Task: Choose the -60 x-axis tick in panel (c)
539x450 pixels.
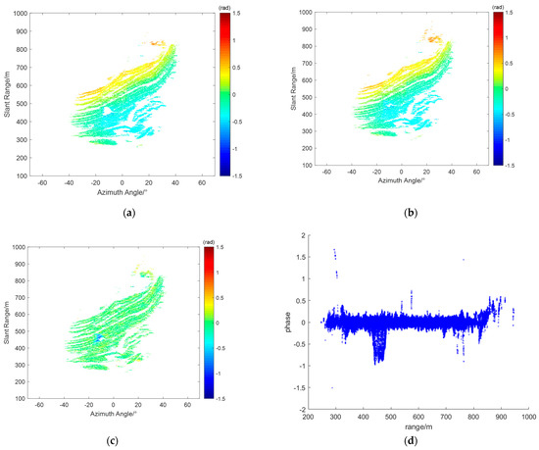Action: point(43,405)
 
